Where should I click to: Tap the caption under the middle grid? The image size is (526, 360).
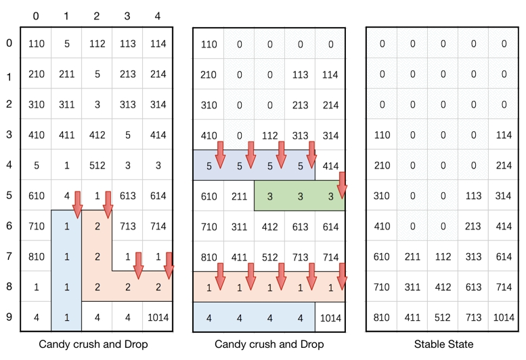tap(269, 344)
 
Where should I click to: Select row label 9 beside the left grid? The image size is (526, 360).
tap(9, 317)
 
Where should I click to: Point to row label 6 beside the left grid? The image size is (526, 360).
tap(9, 226)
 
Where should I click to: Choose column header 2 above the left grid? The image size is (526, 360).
tap(97, 15)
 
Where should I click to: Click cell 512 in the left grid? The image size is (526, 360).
tap(97, 165)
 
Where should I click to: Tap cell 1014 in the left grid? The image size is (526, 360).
tap(157, 317)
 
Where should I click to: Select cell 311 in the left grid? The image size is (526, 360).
tap(66, 104)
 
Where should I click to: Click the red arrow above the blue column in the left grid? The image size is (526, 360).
tap(76, 204)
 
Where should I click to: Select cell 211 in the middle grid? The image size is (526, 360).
tap(239, 196)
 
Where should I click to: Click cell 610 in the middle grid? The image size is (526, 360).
tap(209, 196)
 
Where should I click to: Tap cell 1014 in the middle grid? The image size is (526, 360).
tap(330, 317)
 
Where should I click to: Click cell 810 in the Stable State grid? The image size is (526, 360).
tap(382, 317)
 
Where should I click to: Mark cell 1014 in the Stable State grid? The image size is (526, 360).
tap(503, 317)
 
